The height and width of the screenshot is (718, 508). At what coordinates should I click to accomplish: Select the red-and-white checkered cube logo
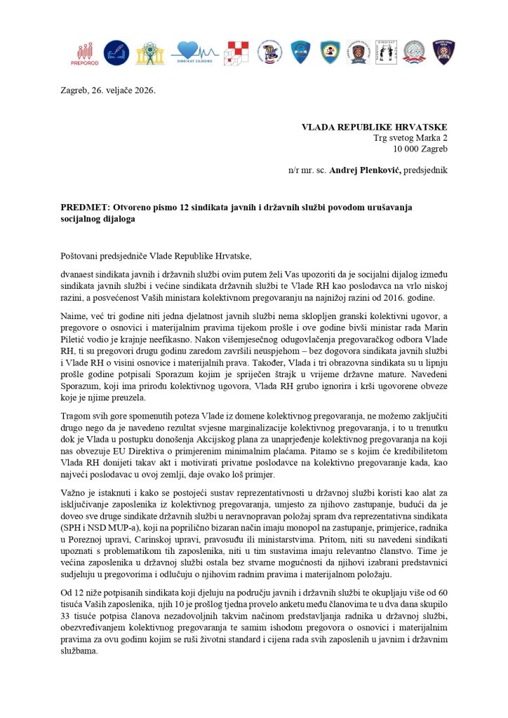click(236, 53)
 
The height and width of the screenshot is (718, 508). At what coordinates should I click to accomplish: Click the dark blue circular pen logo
click(116, 52)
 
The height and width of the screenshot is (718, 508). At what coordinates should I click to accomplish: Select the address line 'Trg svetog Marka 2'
click(410, 138)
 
